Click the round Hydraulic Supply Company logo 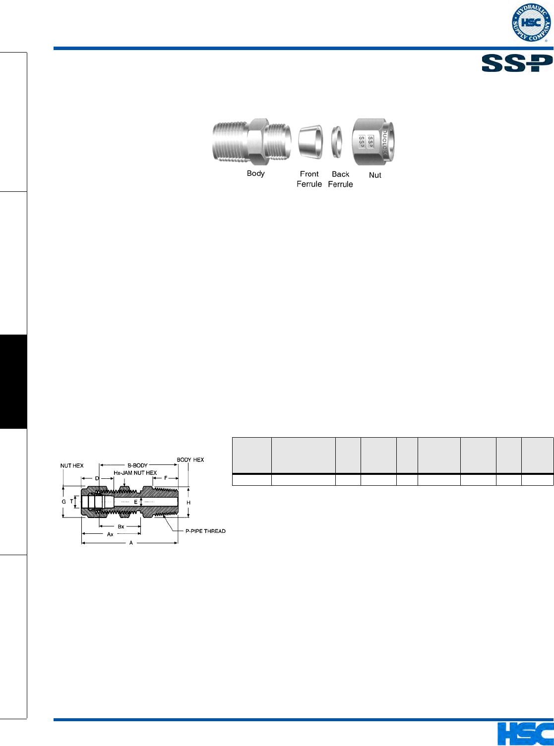click(x=532, y=22)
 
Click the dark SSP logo click(x=517, y=63)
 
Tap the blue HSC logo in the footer click(x=525, y=734)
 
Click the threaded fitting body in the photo click(x=252, y=142)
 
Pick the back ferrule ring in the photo click(x=337, y=142)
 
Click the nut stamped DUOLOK click(x=373, y=142)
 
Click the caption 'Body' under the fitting click(x=255, y=173)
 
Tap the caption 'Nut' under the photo click(x=375, y=175)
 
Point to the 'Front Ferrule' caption click(x=309, y=179)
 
